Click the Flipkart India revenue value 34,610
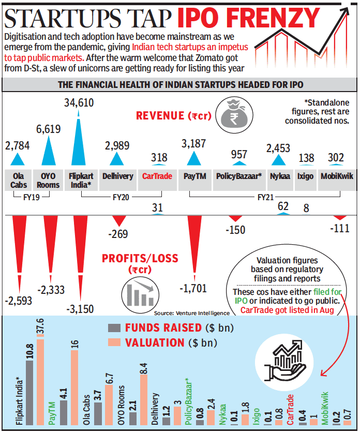79,103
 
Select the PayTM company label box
195,176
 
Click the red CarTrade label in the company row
157,176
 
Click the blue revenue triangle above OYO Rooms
48,147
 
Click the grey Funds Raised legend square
114,327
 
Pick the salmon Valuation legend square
114,342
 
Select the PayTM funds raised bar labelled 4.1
64,412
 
